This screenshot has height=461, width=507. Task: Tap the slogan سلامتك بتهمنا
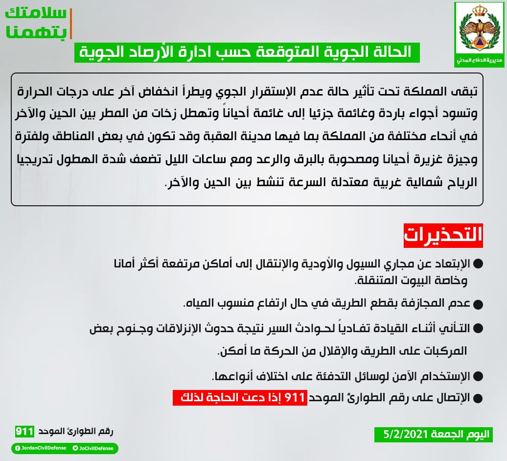35,23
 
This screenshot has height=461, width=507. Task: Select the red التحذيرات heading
443,236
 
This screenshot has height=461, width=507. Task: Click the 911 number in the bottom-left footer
24,432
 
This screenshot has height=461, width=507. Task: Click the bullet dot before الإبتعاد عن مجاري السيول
479,264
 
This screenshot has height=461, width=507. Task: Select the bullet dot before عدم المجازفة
479,304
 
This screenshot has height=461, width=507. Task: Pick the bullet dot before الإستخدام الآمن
479,377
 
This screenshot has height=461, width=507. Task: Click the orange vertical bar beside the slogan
71,23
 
